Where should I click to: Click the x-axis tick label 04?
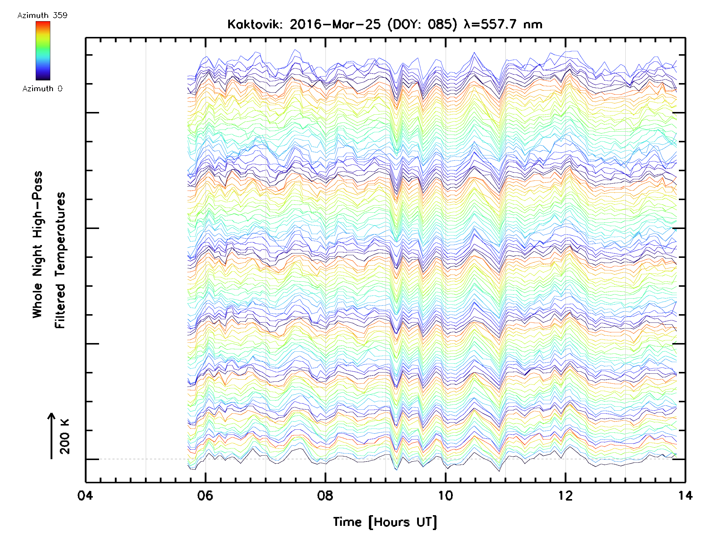(85, 495)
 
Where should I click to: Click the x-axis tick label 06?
(205, 495)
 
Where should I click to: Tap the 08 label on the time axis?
(325, 495)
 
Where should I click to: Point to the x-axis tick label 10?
(445, 495)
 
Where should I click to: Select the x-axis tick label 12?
(565, 495)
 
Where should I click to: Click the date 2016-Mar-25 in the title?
(335, 24)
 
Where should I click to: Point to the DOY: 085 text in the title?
(422, 24)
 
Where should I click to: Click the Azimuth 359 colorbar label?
(42, 15)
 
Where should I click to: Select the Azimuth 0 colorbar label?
(42, 88)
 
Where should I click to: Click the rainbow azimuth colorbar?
(43, 50)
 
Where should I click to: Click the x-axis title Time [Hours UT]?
(385, 522)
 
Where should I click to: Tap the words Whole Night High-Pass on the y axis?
(37, 244)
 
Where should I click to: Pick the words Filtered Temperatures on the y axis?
(60, 261)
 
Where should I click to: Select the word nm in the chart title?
(533, 24)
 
